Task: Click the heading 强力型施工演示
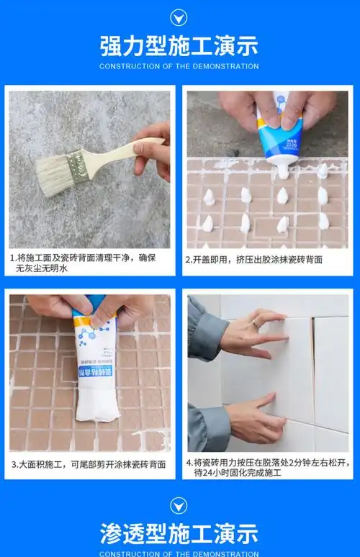point(179,46)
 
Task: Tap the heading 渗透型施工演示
point(179,533)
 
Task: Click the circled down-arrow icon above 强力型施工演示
point(179,17)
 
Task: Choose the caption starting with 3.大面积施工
point(89,464)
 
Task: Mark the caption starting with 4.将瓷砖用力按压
point(266,468)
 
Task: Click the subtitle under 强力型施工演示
point(179,66)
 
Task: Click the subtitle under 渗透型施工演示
point(179,553)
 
